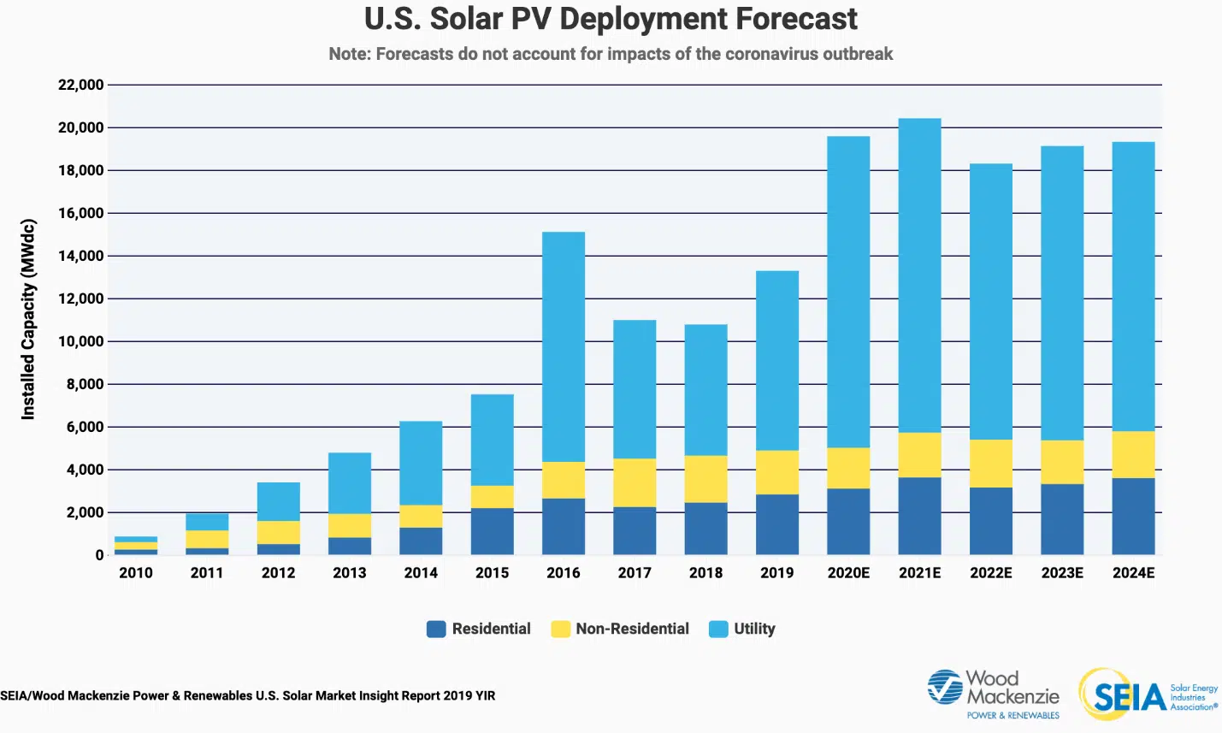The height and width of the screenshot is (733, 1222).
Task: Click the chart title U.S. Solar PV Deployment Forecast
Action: tap(611, 19)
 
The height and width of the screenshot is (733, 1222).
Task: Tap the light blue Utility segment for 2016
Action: tap(564, 346)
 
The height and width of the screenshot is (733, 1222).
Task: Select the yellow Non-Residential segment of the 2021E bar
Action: tap(919, 455)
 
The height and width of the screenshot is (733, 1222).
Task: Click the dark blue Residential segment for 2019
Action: tap(777, 524)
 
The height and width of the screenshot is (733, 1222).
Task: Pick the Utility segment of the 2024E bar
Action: tap(1133, 287)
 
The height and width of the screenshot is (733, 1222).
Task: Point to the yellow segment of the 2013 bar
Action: tap(350, 525)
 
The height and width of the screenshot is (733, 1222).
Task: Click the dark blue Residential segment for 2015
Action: tap(493, 531)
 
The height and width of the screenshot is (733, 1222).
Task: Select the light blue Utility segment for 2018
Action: tap(705, 390)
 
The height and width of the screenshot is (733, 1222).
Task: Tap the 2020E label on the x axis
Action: tap(848, 573)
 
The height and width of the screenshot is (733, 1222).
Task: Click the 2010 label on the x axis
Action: tap(136, 573)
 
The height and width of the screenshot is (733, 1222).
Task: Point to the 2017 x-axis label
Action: tap(635, 573)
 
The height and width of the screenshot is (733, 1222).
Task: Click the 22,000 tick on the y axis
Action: tap(80, 85)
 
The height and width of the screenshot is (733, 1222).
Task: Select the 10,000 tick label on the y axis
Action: tap(80, 341)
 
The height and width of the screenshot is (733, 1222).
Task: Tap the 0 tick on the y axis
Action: tap(99, 555)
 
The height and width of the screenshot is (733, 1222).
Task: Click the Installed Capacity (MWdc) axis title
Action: tap(28, 320)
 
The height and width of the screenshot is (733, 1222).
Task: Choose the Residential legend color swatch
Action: tap(436, 629)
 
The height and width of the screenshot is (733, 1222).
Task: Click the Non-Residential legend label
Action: tap(632, 629)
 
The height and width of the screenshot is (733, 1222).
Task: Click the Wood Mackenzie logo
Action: tap(994, 694)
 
